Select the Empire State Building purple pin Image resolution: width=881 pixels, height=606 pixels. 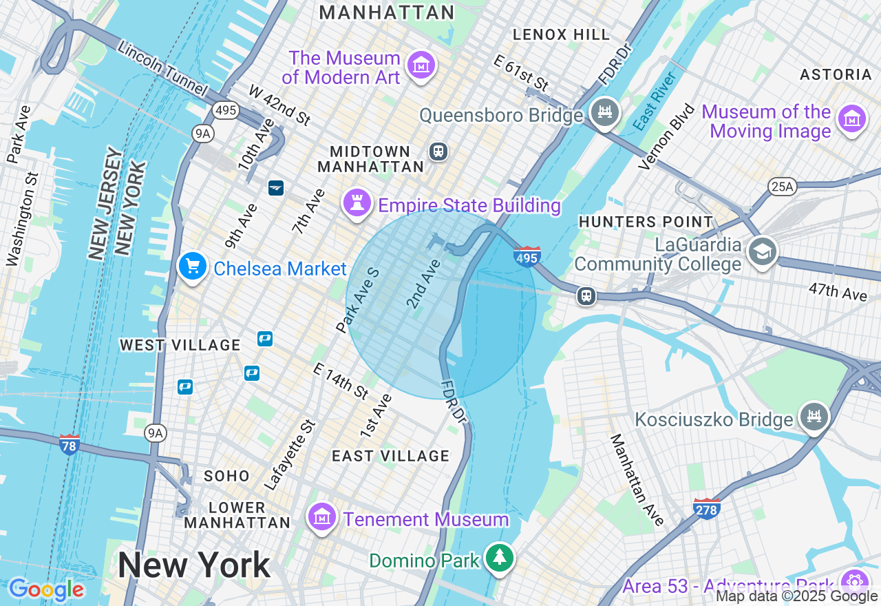357,204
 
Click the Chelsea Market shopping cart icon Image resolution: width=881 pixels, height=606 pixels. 193,267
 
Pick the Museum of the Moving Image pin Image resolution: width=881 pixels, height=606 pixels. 851,120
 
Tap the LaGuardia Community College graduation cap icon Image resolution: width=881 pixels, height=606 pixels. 763,252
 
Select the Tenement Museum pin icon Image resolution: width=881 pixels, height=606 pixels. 321,517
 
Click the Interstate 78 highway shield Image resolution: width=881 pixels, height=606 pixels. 70,443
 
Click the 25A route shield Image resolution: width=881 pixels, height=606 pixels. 782,187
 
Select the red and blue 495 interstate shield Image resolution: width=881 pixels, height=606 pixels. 527,256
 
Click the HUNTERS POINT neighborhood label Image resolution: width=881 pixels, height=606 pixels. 646,222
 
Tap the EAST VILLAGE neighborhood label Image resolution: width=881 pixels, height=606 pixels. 390,456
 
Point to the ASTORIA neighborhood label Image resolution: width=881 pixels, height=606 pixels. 836,74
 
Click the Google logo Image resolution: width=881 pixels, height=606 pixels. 46,589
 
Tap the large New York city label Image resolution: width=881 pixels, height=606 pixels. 194,565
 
